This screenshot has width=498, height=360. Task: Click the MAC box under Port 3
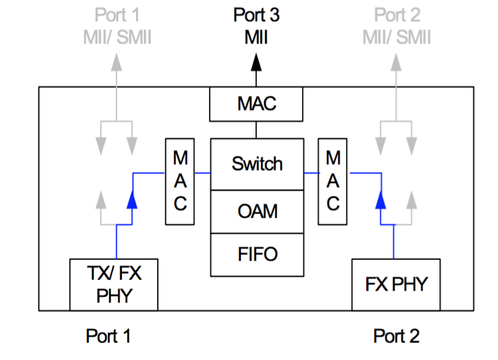(257, 105)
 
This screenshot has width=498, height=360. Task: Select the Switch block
(257, 164)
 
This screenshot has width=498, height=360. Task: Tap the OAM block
(257, 211)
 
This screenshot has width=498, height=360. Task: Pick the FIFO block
(257, 254)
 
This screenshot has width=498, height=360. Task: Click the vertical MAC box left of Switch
(180, 181)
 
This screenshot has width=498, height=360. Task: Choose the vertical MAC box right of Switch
(333, 181)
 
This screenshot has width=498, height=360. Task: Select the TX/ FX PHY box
(114, 284)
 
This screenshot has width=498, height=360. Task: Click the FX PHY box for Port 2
(396, 285)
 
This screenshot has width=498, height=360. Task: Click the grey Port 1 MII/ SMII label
(117, 26)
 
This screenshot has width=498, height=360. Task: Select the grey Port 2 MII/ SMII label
(396, 26)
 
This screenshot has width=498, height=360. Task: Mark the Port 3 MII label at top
(256, 26)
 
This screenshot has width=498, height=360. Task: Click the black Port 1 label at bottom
(109, 336)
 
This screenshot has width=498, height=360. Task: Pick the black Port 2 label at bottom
(396, 336)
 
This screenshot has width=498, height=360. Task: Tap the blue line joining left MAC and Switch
(202, 173)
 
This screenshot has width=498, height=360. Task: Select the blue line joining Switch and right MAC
(311, 173)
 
